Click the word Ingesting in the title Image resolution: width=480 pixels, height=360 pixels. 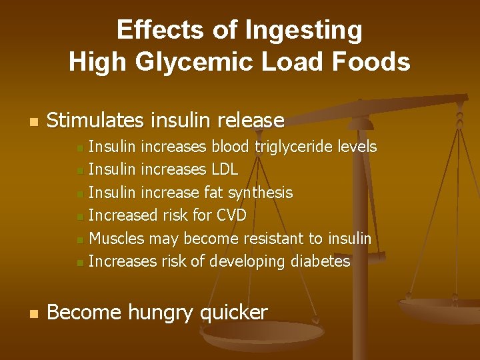(x=304, y=31)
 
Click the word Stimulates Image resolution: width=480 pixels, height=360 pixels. (x=95, y=121)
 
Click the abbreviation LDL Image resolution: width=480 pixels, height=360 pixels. (x=224, y=170)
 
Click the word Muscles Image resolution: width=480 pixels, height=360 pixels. (x=117, y=239)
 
